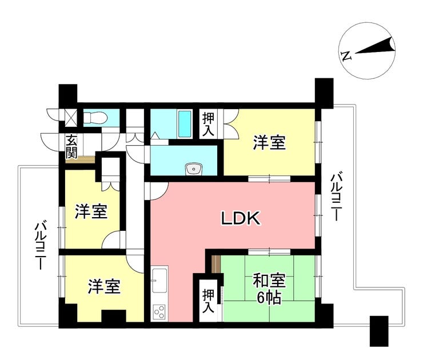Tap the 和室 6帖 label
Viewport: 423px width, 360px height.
pyautogui.click(x=269, y=289)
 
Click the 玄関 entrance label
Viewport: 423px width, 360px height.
pyautogui.click(x=71, y=146)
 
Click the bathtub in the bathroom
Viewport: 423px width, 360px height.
pyautogui.click(x=184, y=124)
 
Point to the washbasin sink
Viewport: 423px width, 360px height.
pyautogui.click(x=194, y=168)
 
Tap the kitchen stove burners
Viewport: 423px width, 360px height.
pyautogui.click(x=158, y=312)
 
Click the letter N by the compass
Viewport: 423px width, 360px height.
pyautogui.click(x=345, y=55)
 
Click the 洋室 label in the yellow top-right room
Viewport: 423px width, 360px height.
pyautogui.click(x=269, y=143)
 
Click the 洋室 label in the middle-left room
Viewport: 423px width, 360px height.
pyautogui.click(x=91, y=212)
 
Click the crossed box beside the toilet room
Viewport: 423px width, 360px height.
pyautogui.click(x=71, y=118)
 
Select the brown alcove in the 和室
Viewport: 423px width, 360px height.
pyautogui.click(x=216, y=264)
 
